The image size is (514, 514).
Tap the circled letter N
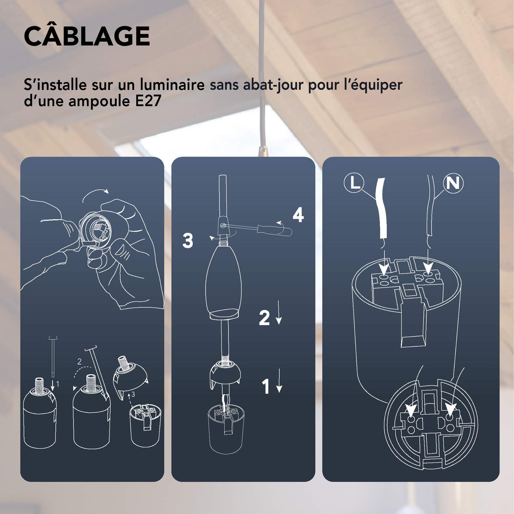(x=453, y=183)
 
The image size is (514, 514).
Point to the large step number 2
(x=264, y=318)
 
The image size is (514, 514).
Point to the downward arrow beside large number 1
(x=279, y=381)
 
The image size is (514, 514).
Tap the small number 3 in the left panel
(x=133, y=394)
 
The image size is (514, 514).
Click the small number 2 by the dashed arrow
(x=79, y=362)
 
